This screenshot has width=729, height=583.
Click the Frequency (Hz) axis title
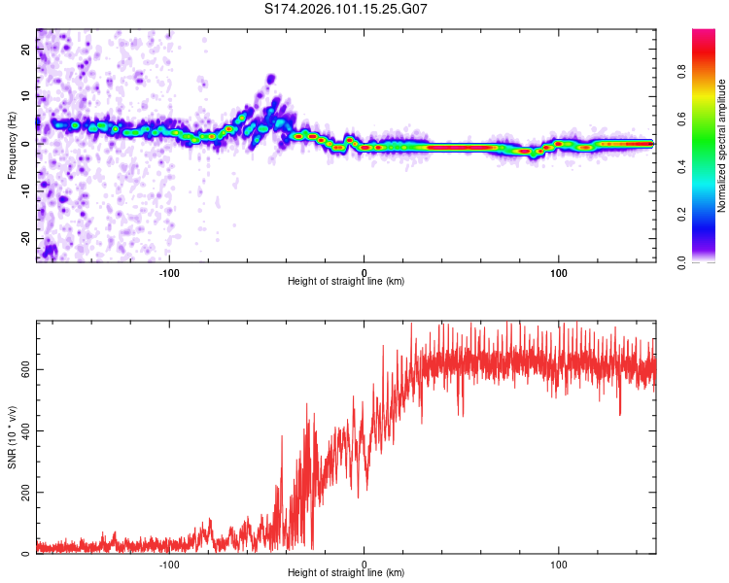(12, 146)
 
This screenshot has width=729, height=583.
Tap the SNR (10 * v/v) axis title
(12, 437)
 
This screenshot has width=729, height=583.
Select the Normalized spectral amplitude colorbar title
(721, 146)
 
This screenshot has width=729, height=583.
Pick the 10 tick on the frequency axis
(27, 96)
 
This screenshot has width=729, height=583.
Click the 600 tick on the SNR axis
(23, 369)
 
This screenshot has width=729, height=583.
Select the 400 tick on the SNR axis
(23, 430)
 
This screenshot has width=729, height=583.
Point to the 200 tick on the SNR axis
(23, 492)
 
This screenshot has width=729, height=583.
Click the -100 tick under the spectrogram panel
(169, 271)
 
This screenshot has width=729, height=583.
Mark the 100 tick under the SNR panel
(559, 564)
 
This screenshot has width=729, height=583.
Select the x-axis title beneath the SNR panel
(346, 575)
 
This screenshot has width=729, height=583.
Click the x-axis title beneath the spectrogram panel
(346, 282)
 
